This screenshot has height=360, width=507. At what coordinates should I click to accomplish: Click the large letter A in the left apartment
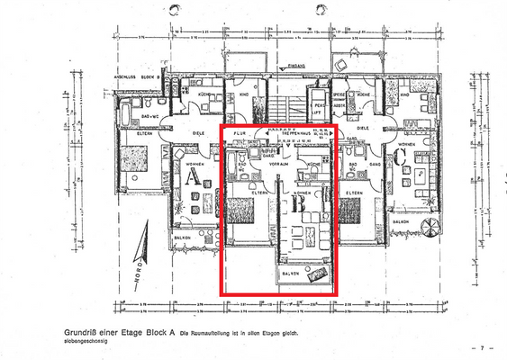192,177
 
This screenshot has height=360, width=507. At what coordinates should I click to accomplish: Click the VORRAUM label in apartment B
277,164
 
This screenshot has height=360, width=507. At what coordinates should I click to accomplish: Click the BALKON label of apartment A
184,237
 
